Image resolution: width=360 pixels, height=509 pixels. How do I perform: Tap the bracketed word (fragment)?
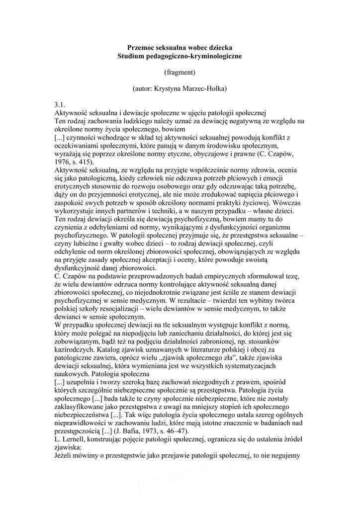[180, 72]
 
